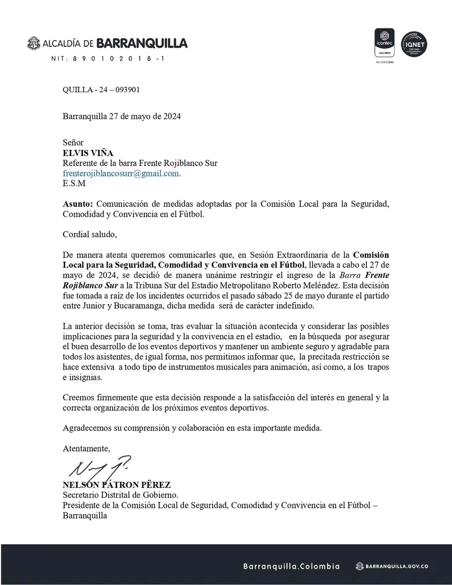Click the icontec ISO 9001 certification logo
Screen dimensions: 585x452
click(384, 42)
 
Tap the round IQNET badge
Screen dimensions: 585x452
click(414, 45)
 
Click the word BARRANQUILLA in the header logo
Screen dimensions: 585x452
click(142, 43)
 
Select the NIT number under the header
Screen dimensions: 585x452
click(107, 59)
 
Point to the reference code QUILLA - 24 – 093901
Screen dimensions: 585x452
click(101, 90)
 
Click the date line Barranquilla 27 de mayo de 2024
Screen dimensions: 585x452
click(122, 116)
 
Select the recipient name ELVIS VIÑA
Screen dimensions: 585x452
click(88, 153)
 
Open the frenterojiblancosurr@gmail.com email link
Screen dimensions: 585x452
click(121, 173)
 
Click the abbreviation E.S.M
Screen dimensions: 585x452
click(74, 183)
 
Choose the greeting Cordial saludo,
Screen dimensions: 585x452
click(90, 234)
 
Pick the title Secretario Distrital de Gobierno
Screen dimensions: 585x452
click(120, 495)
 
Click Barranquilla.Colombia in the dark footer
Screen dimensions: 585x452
click(291, 566)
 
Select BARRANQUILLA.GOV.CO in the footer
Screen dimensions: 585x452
click(397, 566)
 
